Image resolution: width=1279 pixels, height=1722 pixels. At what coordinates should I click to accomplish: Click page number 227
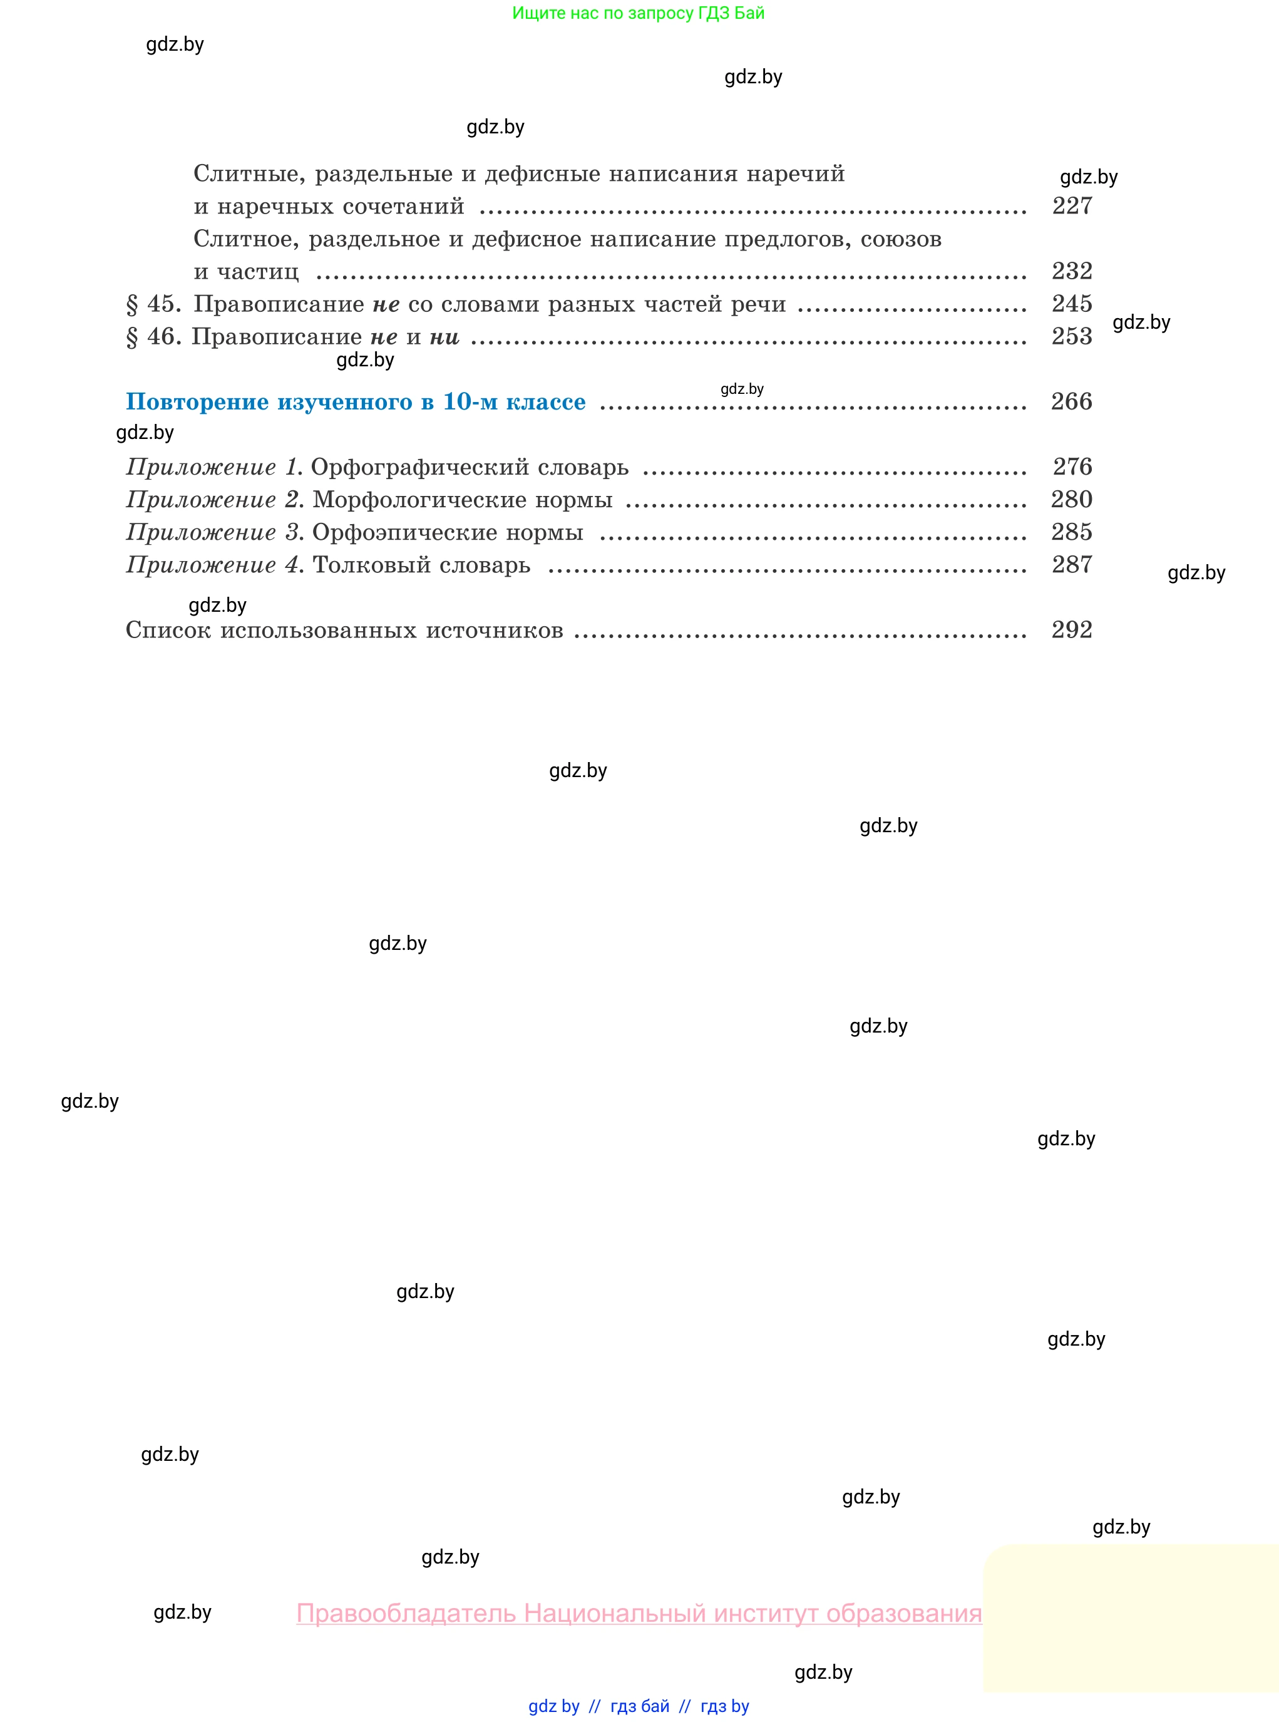[1072, 206]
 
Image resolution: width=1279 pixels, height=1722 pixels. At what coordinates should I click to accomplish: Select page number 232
[1072, 271]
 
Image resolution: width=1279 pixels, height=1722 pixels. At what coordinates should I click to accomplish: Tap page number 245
[1072, 304]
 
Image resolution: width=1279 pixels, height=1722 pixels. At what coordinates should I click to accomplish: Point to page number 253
[1072, 336]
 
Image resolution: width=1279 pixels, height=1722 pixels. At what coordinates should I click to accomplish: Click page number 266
[1072, 401]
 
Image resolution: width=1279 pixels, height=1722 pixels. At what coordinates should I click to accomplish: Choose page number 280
[1072, 500]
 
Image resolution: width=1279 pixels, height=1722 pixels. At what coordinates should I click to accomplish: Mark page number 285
[1072, 532]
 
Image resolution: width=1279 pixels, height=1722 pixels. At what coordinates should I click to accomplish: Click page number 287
[1072, 564]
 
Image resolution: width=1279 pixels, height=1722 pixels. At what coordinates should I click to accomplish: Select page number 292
[1072, 629]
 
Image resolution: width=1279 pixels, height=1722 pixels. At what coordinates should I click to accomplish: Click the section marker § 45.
[153, 304]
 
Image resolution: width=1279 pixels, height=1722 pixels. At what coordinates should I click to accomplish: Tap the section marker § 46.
[153, 337]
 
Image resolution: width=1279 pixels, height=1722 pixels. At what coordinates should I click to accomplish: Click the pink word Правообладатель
[406, 1613]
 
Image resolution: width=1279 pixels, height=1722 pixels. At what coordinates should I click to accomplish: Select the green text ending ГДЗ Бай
[638, 13]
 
